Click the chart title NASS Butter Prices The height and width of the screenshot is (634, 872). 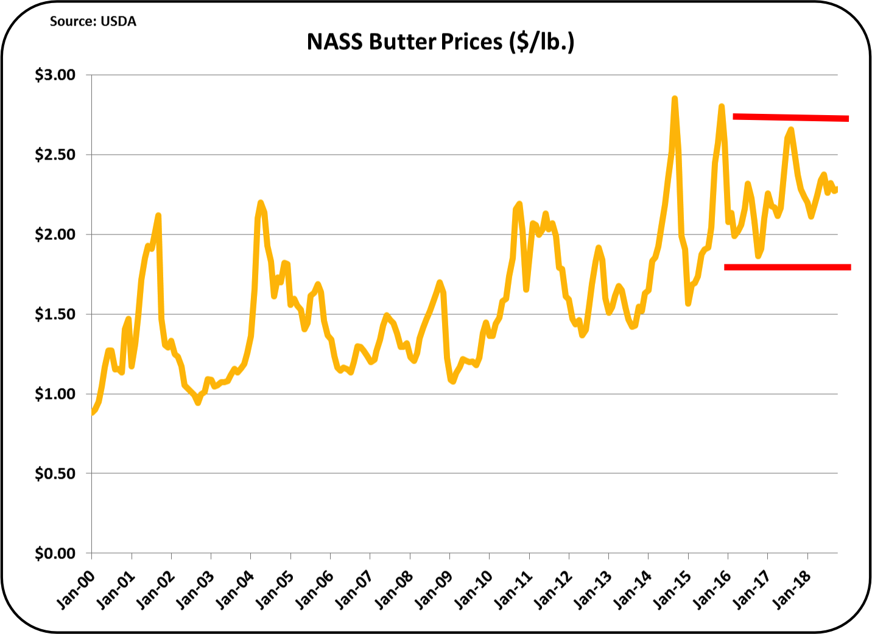point(440,42)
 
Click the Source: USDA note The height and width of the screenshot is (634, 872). point(93,21)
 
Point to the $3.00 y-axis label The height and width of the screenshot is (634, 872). point(55,75)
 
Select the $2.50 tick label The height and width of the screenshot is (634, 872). point(55,155)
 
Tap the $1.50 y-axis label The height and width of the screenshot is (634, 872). point(55,314)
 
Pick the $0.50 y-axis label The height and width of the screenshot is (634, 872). point(55,474)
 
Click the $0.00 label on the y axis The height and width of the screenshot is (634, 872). point(55,554)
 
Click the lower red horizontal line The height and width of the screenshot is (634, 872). point(787,267)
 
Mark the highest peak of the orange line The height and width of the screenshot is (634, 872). point(675,99)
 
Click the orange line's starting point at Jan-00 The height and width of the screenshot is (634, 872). point(92,413)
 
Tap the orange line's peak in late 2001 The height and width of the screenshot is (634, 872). point(158,216)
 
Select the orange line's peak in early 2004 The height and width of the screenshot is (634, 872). point(261,202)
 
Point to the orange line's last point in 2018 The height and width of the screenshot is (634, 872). point(836,189)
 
